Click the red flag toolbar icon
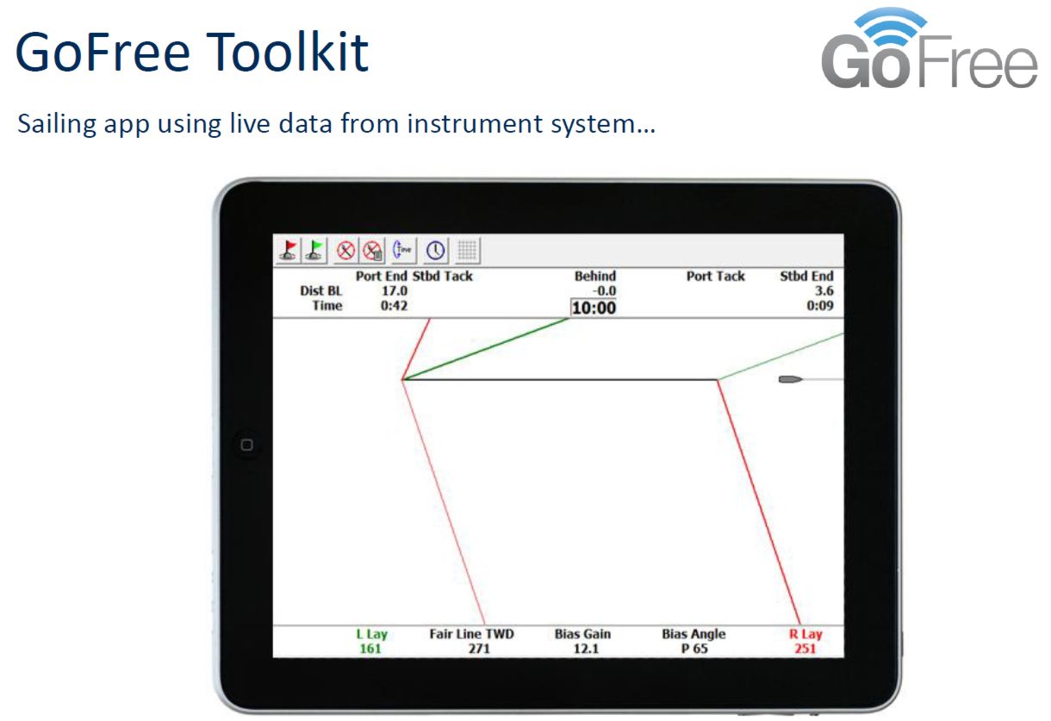(x=288, y=250)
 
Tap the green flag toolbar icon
(x=315, y=250)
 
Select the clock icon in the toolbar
(x=435, y=250)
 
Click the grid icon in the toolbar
(x=467, y=250)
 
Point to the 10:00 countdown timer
(x=594, y=308)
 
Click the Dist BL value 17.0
(x=395, y=291)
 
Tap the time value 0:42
(x=395, y=306)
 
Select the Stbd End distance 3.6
(x=824, y=291)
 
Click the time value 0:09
(x=820, y=306)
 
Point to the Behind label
(x=595, y=276)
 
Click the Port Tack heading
(x=716, y=276)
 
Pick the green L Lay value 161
(x=370, y=649)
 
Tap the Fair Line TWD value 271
(x=479, y=649)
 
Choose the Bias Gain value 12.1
(x=586, y=649)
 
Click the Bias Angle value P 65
(x=694, y=649)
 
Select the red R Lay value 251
(x=805, y=649)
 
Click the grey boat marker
(x=791, y=379)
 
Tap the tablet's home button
(x=246, y=444)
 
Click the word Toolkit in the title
(x=287, y=52)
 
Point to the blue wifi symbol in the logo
(x=891, y=23)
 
